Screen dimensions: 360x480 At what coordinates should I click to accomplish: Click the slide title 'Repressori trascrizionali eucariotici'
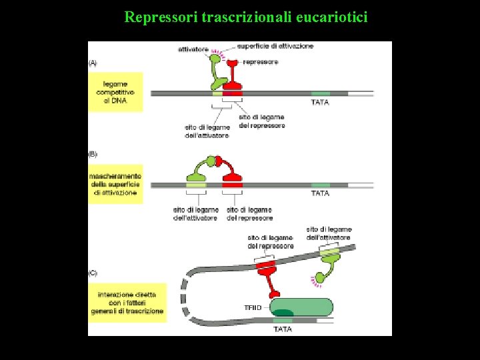tap(245, 16)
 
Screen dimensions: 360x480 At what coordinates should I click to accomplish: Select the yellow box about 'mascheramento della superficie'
tap(115, 184)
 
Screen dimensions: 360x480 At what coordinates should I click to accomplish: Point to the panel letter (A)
tap(93, 63)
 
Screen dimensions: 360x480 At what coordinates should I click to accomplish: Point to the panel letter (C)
tap(93, 272)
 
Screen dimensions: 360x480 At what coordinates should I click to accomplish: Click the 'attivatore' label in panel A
tap(193, 49)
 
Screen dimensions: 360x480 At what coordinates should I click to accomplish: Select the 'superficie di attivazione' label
tap(275, 46)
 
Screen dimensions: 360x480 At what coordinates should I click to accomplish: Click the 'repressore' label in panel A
tap(261, 62)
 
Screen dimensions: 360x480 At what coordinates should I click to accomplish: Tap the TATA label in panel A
tap(321, 103)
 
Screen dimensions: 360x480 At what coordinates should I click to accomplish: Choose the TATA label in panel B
tap(321, 193)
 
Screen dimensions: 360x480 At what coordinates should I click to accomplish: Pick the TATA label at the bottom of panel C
tap(283, 329)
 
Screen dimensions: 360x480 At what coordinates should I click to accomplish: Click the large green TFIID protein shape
tap(301, 307)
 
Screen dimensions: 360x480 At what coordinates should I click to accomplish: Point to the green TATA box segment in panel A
tap(321, 93)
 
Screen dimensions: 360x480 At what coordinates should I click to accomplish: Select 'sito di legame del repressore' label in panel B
tap(249, 214)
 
